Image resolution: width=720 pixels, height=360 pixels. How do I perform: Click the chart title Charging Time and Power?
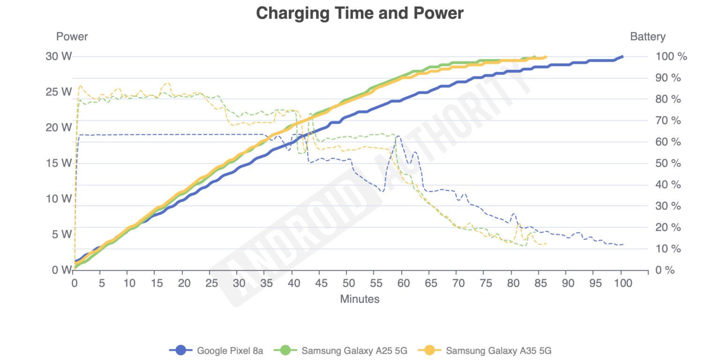click(x=360, y=13)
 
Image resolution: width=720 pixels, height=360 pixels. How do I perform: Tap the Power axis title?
click(x=72, y=37)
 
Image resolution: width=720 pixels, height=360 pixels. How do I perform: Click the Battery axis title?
click(x=647, y=37)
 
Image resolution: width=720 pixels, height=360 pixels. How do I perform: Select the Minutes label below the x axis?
click(x=360, y=299)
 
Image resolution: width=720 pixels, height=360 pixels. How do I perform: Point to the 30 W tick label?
click(x=59, y=56)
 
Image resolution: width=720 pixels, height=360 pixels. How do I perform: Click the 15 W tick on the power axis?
click(x=59, y=163)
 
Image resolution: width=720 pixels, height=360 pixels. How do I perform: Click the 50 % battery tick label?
click(x=668, y=163)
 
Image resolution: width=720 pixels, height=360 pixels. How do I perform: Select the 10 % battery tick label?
click(x=668, y=249)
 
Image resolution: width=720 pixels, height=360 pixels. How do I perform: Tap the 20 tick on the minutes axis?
click(x=184, y=283)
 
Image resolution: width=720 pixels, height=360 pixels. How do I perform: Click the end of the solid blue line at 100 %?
click(x=622, y=56)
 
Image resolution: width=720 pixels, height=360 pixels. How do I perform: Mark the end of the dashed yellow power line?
click(x=547, y=243)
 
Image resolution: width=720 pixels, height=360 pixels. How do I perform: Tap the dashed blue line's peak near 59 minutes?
click(x=398, y=136)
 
